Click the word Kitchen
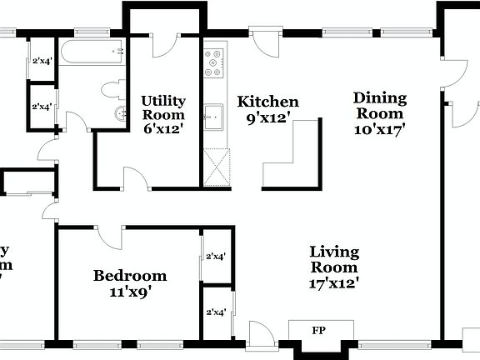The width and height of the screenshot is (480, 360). coord(267,102)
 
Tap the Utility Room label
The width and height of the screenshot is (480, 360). coord(162,107)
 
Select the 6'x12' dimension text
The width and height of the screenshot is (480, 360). coord(162,128)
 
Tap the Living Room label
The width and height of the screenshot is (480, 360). coord(334,259)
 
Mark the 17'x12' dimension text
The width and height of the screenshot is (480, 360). coord(334,282)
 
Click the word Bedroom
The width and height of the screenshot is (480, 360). coord(129,276)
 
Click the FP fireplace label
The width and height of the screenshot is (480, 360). coord(317,330)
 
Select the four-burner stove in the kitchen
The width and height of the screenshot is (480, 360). coord(216,63)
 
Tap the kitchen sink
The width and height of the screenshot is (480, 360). coord(215,117)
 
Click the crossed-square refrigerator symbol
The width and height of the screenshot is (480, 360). coord(216,167)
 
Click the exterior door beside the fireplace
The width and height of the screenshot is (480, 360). coord(259,333)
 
